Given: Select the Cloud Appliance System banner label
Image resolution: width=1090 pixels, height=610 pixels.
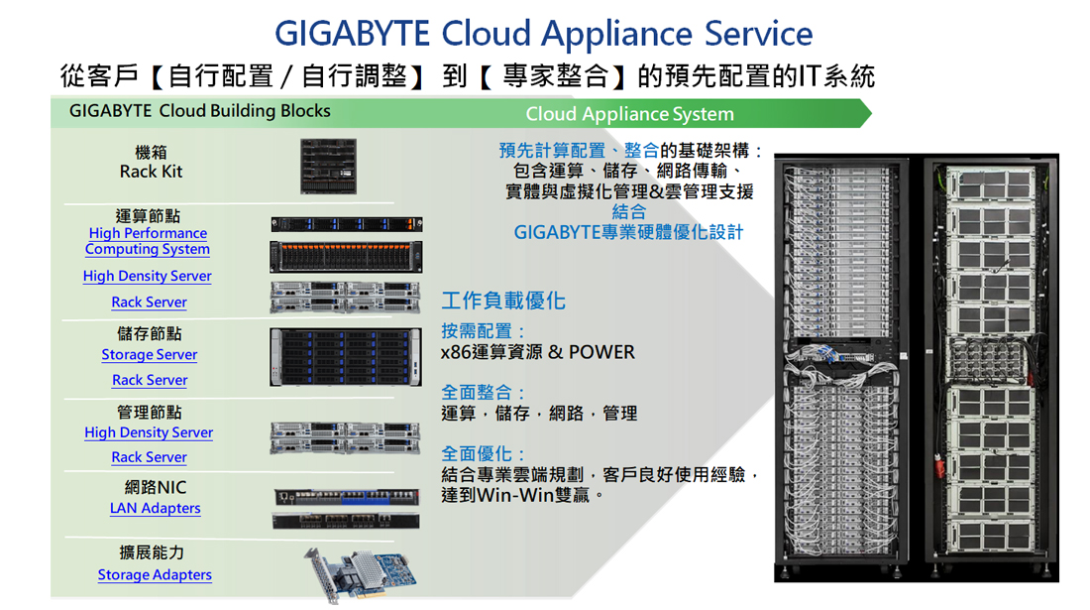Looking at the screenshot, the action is (629, 114).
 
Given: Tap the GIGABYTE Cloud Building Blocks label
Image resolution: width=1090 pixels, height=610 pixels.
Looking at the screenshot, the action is (199, 111).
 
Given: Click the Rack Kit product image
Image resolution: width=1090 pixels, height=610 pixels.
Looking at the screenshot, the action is (328, 167).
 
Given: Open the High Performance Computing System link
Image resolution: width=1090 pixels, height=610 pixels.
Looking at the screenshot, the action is (148, 241).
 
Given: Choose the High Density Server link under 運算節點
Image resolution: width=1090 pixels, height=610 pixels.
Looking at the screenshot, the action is (148, 276).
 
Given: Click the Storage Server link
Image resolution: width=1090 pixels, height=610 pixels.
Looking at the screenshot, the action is (150, 355).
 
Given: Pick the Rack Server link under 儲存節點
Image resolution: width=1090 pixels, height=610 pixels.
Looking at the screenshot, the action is (151, 381).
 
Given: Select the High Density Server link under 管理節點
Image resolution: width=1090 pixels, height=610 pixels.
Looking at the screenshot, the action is (149, 432).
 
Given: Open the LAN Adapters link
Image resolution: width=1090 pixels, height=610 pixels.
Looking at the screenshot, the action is (155, 509).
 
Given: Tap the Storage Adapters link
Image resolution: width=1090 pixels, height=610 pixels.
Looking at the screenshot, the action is (155, 575).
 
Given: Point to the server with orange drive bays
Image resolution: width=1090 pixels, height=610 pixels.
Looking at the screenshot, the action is (346, 257).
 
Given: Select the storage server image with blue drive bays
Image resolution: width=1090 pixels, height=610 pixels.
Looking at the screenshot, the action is (346, 357).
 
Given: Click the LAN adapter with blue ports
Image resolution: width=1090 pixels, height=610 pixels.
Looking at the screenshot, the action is (347, 496).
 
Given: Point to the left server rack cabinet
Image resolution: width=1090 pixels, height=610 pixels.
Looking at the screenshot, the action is (842, 367).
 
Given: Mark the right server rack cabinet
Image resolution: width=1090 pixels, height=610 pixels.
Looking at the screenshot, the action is (991, 367).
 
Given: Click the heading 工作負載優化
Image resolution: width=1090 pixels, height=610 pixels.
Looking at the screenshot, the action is (503, 302).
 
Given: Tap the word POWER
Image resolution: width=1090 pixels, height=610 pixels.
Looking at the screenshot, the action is (602, 353).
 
